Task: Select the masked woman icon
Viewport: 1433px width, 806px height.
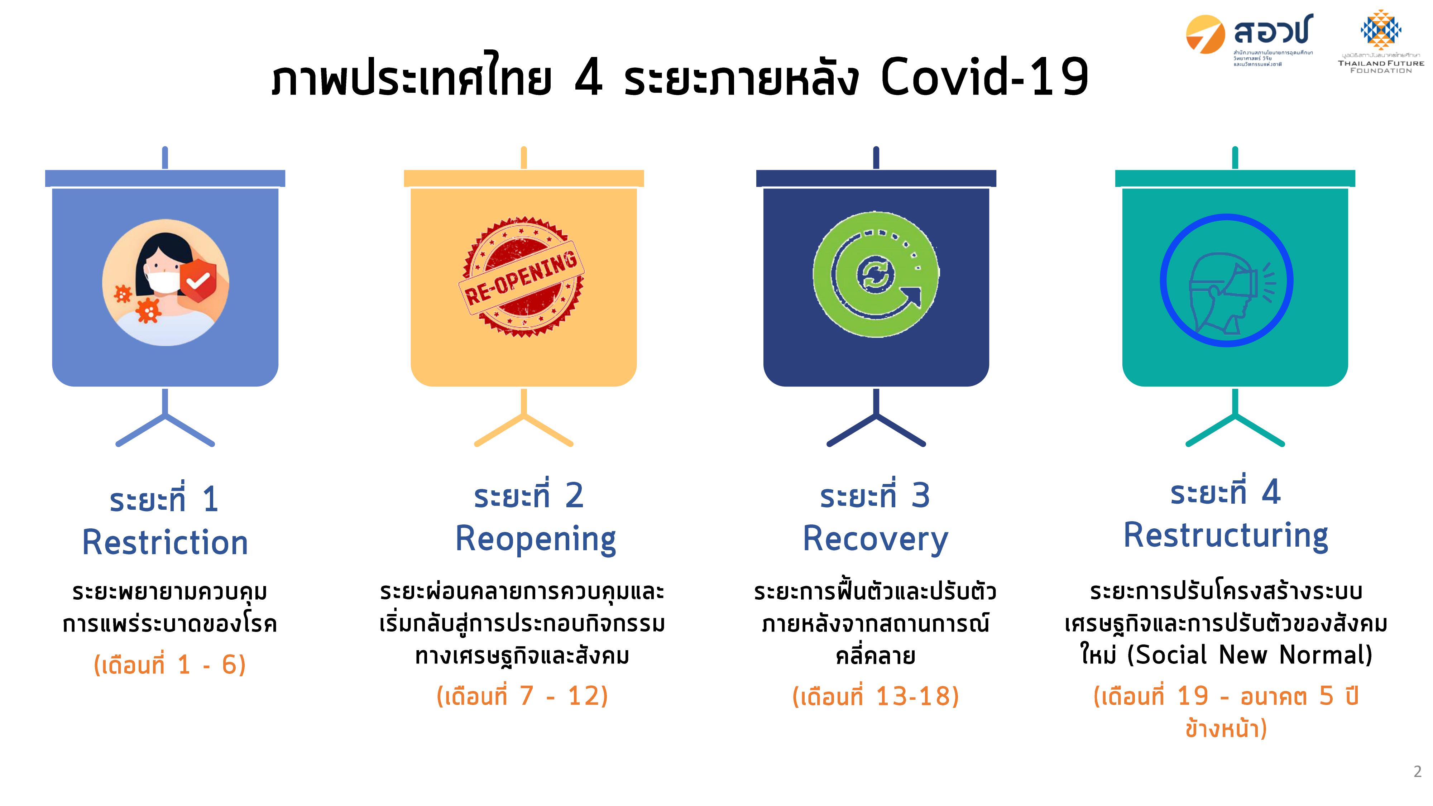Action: pyautogui.click(x=165, y=283)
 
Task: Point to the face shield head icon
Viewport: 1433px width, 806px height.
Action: pyautogui.click(x=1227, y=280)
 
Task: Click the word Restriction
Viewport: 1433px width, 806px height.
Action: pyautogui.click(x=165, y=542)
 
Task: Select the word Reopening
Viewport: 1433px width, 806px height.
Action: pyautogui.click(x=536, y=539)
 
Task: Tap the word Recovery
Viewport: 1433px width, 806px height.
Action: pyautogui.click(x=876, y=539)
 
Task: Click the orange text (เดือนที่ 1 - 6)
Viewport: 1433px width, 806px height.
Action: pyautogui.click(x=170, y=664)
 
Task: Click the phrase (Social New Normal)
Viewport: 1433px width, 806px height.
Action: pyautogui.click(x=1250, y=655)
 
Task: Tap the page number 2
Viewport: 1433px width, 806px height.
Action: pyautogui.click(x=1418, y=772)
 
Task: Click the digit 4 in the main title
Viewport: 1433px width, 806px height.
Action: pyautogui.click(x=589, y=78)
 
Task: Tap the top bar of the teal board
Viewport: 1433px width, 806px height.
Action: pyautogui.click(x=1235, y=178)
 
